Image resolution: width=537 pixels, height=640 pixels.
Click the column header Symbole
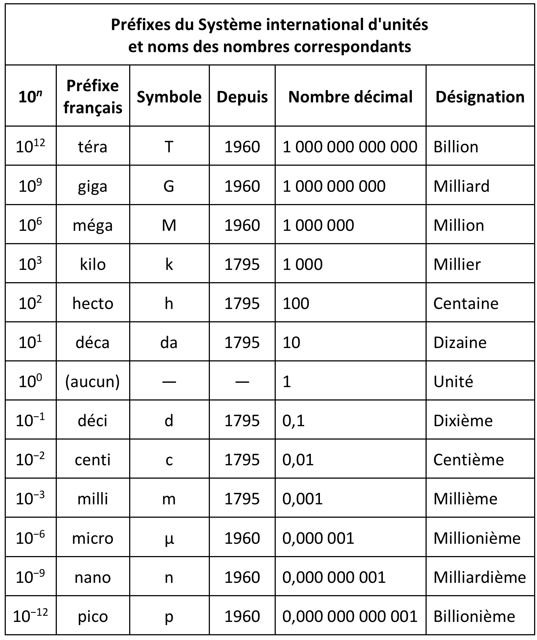(169, 97)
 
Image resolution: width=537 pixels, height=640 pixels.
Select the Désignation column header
(480, 97)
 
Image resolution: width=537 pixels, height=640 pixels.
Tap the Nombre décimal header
(350, 97)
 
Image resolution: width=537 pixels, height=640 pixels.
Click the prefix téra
(93, 147)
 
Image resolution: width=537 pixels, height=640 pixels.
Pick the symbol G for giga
(169, 186)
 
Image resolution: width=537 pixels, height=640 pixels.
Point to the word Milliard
(461, 186)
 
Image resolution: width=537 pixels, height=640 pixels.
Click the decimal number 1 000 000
(318, 225)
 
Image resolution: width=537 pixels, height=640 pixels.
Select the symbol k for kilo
(169, 264)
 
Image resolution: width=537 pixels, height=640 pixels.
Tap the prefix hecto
(93, 304)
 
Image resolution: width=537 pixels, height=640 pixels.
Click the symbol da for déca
(169, 343)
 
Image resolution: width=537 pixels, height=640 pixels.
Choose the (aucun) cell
(93, 381)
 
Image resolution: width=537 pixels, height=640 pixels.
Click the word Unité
(453, 381)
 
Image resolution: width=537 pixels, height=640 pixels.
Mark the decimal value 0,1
(293, 421)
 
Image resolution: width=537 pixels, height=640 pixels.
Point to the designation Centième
(468, 460)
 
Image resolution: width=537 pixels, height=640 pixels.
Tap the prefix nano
(93, 577)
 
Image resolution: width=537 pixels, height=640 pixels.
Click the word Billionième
(474, 616)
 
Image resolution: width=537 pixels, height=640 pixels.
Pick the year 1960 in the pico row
(242, 616)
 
